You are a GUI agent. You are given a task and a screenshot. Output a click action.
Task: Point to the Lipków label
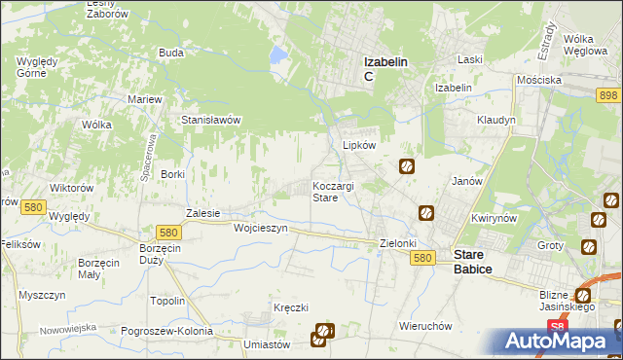tap(359, 145)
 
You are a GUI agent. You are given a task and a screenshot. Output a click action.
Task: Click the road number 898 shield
tap(609, 93)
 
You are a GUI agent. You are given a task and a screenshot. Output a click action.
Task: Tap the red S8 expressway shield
tap(556, 327)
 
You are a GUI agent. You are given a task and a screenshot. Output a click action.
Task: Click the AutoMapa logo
tap(559, 342)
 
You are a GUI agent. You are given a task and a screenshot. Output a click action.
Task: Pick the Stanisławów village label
tap(211, 121)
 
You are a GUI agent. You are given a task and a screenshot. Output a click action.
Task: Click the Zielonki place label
tap(398, 244)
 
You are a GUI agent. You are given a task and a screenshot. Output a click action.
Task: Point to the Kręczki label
tap(291, 307)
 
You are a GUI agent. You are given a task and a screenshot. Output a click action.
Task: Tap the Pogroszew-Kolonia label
tap(166, 331)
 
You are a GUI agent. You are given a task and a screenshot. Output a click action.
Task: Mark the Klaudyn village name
tap(495, 120)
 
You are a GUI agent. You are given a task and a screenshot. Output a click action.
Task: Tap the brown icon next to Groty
tap(589, 247)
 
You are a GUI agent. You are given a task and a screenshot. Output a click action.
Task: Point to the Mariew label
tap(145, 99)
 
